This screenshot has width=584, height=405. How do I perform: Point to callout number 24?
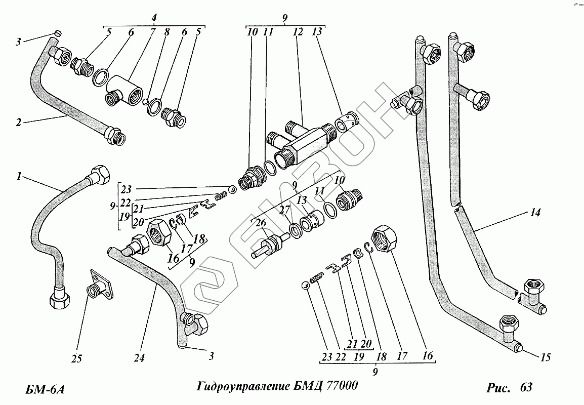pos(139,357)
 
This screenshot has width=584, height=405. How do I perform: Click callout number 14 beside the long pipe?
pos(535,213)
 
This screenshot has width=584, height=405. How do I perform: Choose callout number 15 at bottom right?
pos(545,358)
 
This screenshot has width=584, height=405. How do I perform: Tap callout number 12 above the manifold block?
pos(298,32)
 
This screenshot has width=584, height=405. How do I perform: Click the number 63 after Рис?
pos(526,387)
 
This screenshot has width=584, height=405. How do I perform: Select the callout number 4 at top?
pos(154,19)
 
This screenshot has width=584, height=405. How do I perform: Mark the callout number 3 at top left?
pos(18,42)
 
